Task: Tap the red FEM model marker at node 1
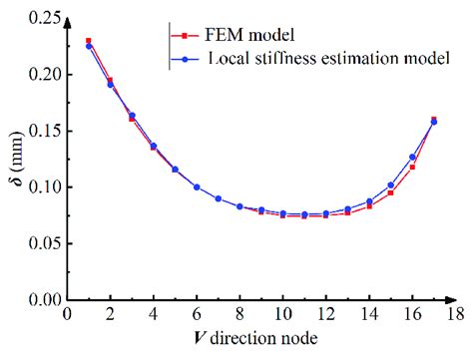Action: click(89, 41)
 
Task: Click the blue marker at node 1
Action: click(89, 46)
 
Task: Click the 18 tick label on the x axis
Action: click(454, 314)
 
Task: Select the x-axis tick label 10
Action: click(282, 314)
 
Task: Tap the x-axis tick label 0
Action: click(67, 314)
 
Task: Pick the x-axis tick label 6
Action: click(197, 314)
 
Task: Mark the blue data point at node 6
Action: click(197, 186)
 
